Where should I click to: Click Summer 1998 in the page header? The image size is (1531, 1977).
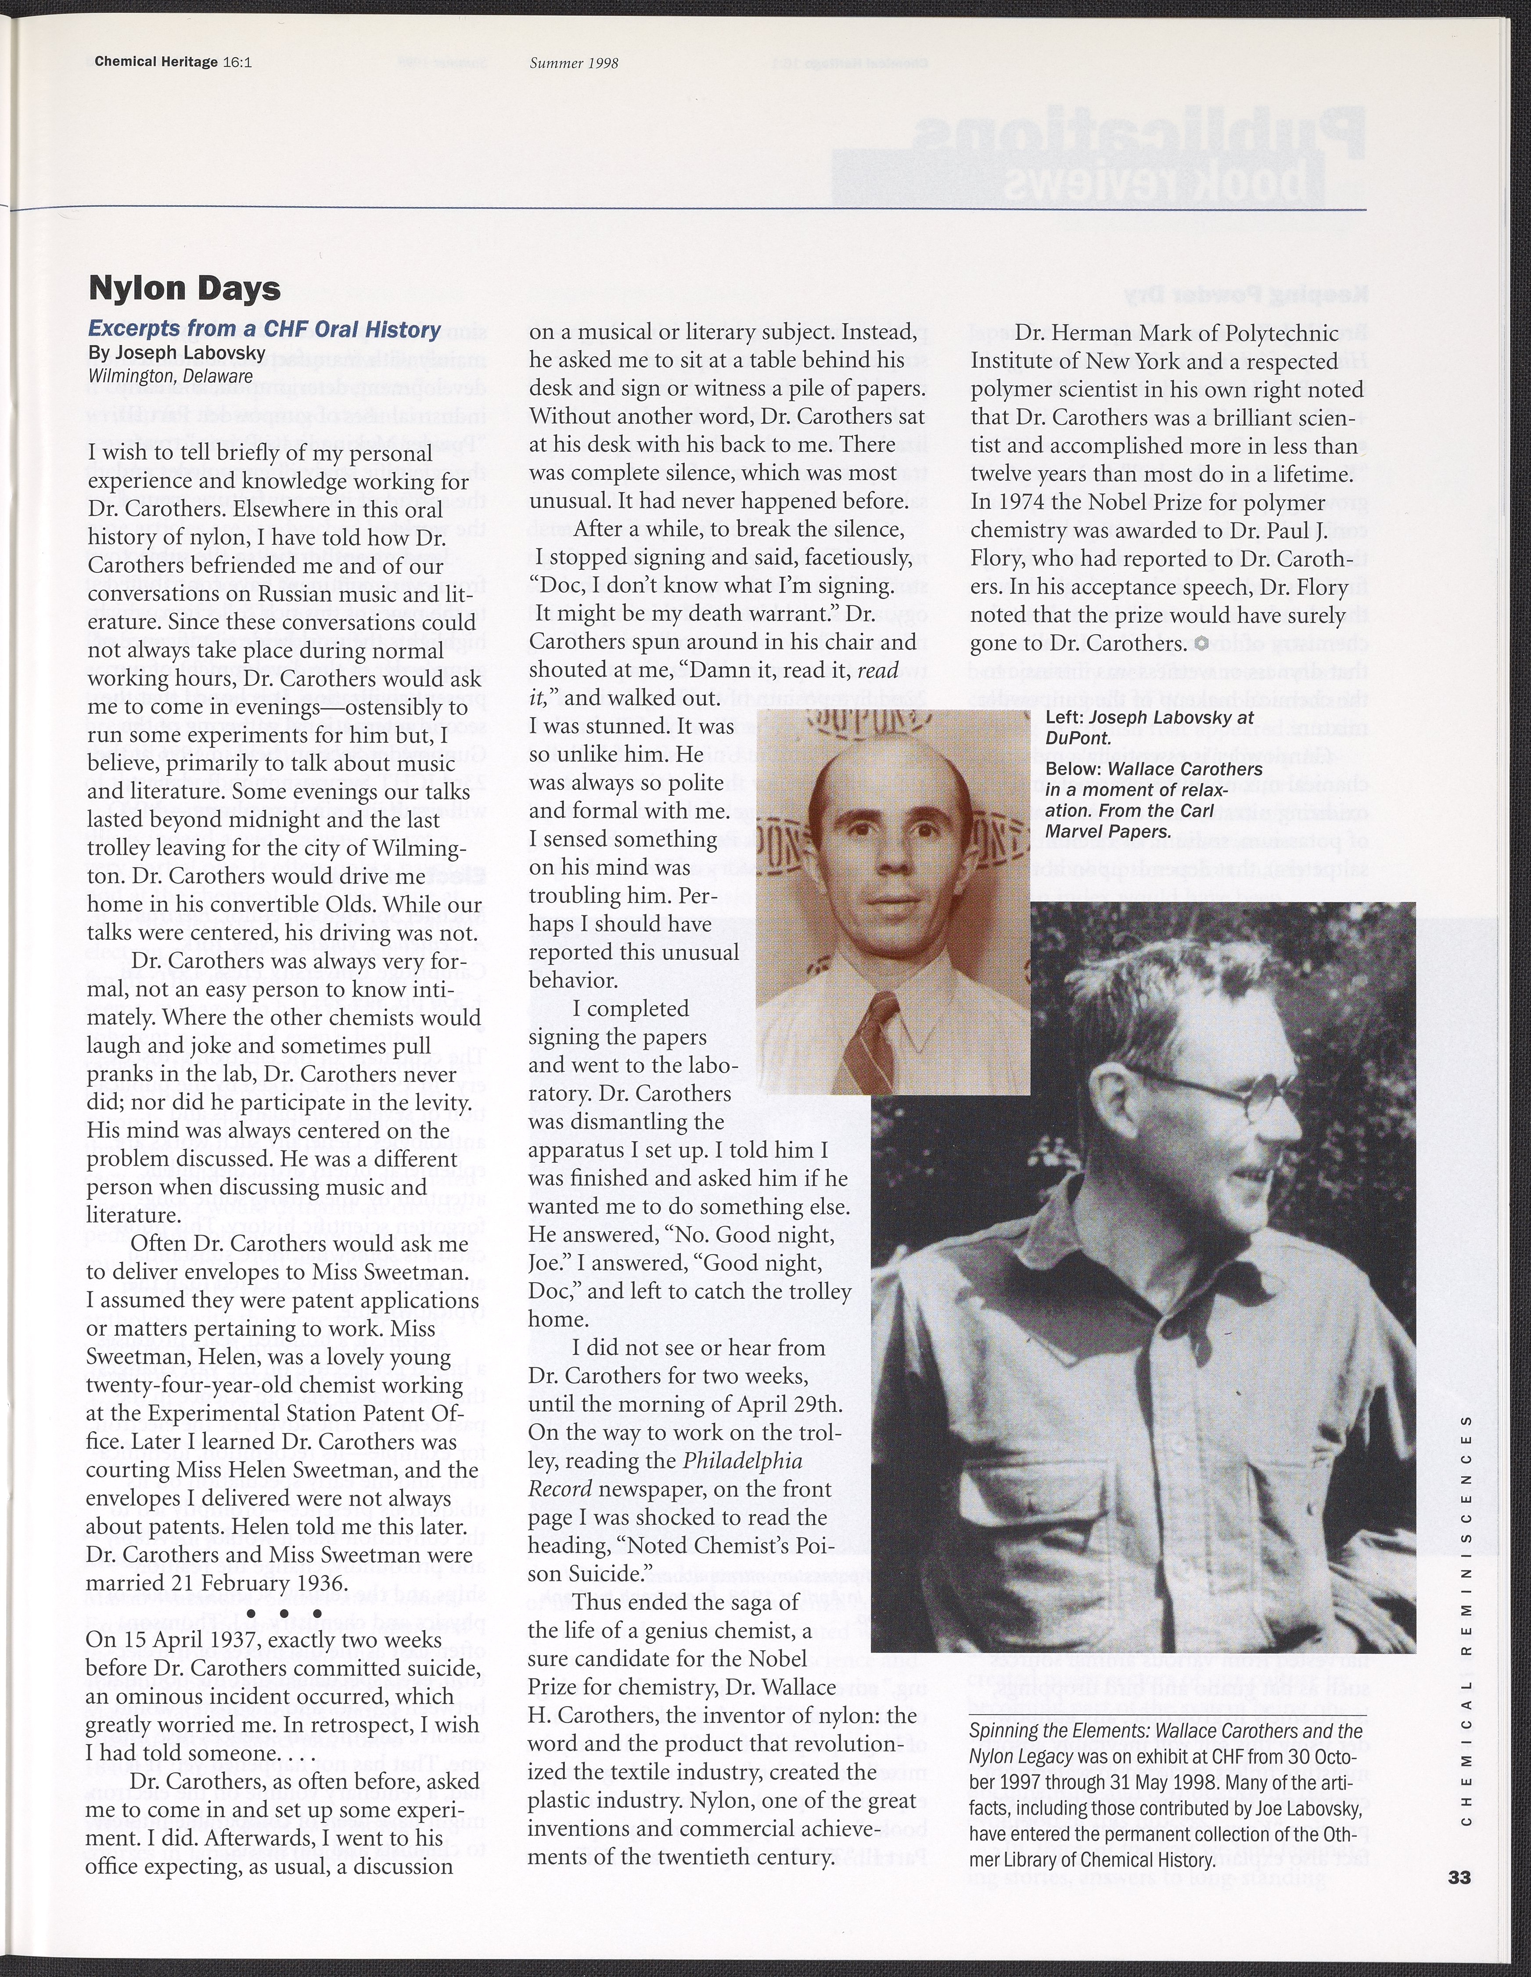pos(574,63)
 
